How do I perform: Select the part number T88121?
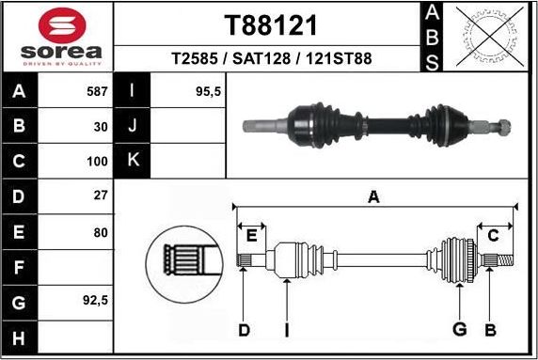point(271,24)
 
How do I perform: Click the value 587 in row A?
point(95,92)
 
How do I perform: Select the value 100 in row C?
point(97,161)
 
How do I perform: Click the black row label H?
point(20,337)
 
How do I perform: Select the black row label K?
point(133,161)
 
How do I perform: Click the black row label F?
point(20,268)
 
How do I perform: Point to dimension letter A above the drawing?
point(373,196)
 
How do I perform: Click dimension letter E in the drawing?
point(251,234)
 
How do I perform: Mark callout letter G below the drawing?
point(460,328)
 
